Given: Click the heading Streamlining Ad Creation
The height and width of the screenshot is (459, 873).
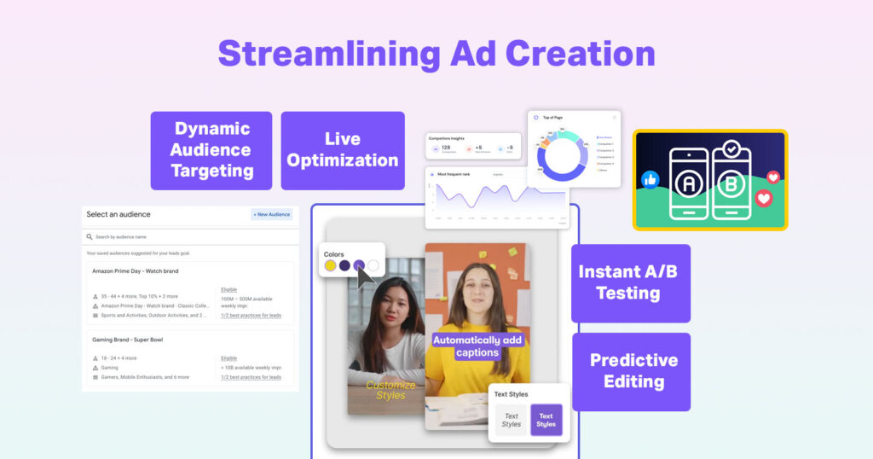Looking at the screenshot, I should [x=436, y=53].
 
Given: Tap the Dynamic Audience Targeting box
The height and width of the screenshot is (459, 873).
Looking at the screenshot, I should [x=211, y=150].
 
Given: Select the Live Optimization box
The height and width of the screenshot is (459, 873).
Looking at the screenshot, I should [x=343, y=150].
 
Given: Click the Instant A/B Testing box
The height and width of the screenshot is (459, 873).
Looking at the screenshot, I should [x=630, y=283].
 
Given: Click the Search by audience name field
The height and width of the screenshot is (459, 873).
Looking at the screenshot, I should [x=191, y=236].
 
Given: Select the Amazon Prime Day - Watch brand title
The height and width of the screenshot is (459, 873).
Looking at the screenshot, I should [x=136, y=271].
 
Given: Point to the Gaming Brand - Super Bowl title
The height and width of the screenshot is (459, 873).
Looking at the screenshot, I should [x=127, y=340].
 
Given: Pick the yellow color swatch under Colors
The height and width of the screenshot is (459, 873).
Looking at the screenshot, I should [x=331, y=266].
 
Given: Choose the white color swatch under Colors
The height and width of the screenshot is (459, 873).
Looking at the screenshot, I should [x=373, y=266].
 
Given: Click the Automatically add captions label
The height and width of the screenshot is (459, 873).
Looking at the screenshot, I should [x=477, y=346].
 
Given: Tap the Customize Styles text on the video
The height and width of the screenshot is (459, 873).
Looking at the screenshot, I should [x=390, y=390].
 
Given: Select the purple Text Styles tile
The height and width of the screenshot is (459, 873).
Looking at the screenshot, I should [x=546, y=420].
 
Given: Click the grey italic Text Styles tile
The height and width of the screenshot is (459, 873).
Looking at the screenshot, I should [x=511, y=420].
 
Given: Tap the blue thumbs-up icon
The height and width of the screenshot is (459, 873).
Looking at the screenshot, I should [x=650, y=179].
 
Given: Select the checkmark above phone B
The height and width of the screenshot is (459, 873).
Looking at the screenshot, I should [x=731, y=149].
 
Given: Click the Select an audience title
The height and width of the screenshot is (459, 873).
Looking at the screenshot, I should [x=119, y=214].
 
